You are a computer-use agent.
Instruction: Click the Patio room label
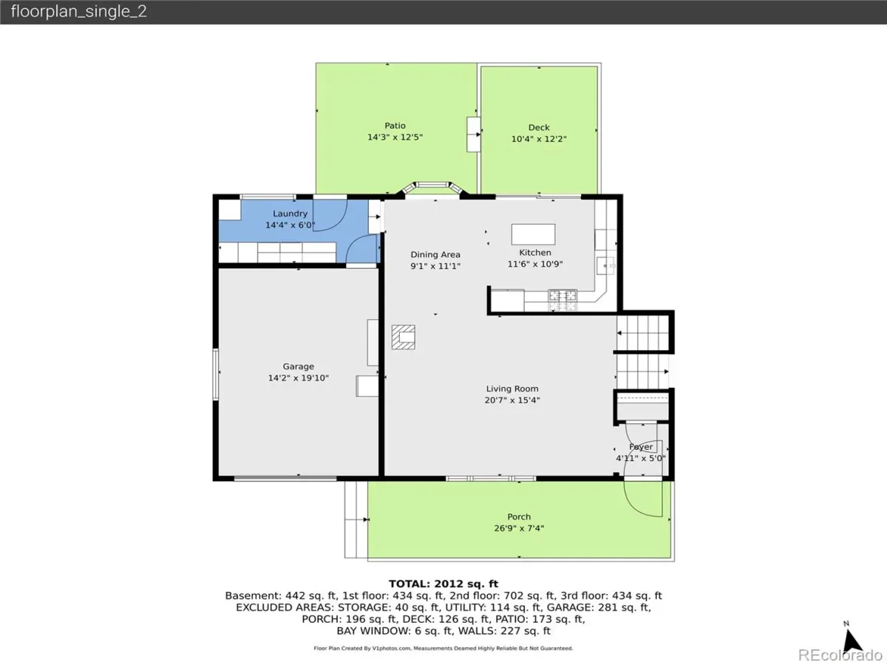(x=395, y=126)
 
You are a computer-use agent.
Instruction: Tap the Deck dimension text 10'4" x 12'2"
(x=539, y=139)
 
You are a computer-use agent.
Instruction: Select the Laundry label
(x=290, y=214)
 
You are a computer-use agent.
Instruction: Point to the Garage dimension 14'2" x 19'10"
(x=298, y=378)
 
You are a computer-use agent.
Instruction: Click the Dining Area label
(x=435, y=255)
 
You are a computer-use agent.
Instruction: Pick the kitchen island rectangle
(x=533, y=234)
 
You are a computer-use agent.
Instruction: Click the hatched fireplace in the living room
(x=404, y=337)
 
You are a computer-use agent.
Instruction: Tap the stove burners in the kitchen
(x=563, y=301)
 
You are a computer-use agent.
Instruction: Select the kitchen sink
(x=605, y=266)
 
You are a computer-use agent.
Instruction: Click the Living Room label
(x=512, y=389)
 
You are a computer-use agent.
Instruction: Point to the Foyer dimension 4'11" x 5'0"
(x=641, y=458)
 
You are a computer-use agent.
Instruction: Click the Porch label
(x=519, y=516)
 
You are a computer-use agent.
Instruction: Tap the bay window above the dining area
(x=432, y=188)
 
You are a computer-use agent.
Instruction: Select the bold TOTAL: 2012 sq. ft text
(x=443, y=584)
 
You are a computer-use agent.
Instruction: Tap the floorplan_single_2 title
(x=79, y=11)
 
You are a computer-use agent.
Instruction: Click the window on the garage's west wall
(x=216, y=375)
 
